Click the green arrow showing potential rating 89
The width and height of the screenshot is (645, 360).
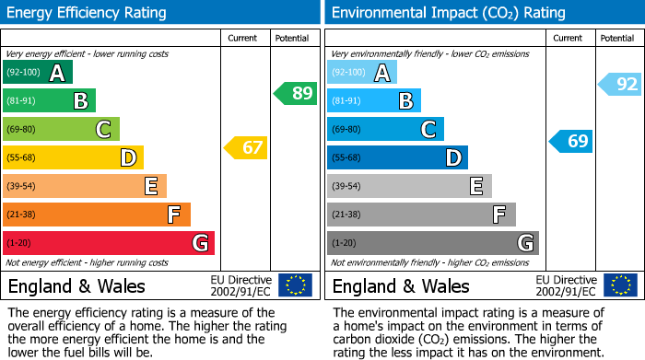point(296,93)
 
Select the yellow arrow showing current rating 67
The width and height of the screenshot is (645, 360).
point(246,147)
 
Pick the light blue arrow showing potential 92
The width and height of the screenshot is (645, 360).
point(620,85)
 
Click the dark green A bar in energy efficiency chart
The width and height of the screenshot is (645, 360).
point(37,73)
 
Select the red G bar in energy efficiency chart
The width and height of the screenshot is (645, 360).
point(108,243)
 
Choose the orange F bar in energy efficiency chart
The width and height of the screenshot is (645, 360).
point(96,215)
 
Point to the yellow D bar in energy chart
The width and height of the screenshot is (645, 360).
point(73,157)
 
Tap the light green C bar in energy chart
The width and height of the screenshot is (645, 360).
point(61,129)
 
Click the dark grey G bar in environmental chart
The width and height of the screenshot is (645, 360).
point(432,243)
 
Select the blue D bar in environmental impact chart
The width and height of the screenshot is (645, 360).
point(397,157)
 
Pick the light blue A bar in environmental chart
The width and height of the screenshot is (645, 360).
point(362,73)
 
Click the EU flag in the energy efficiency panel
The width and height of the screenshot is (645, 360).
point(295,285)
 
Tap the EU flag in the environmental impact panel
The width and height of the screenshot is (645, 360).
point(620,285)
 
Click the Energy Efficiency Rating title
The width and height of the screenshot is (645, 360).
point(88,13)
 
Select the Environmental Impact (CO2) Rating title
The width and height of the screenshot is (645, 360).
point(448,13)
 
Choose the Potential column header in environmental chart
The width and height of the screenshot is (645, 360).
point(617,38)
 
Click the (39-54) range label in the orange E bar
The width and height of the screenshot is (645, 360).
point(21,186)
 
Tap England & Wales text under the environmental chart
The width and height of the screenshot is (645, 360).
point(401,286)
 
